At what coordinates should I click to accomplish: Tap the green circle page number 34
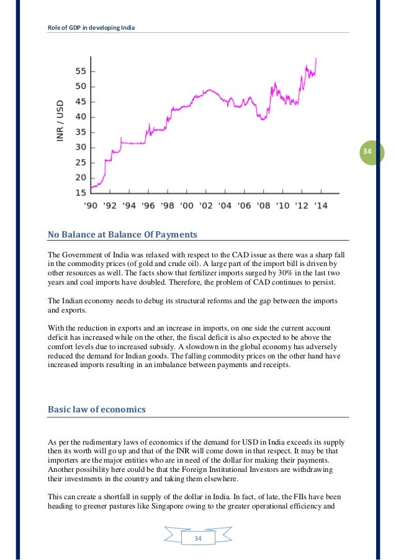(x=367, y=152)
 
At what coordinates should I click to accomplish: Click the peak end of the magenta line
(x=317, y=58)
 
